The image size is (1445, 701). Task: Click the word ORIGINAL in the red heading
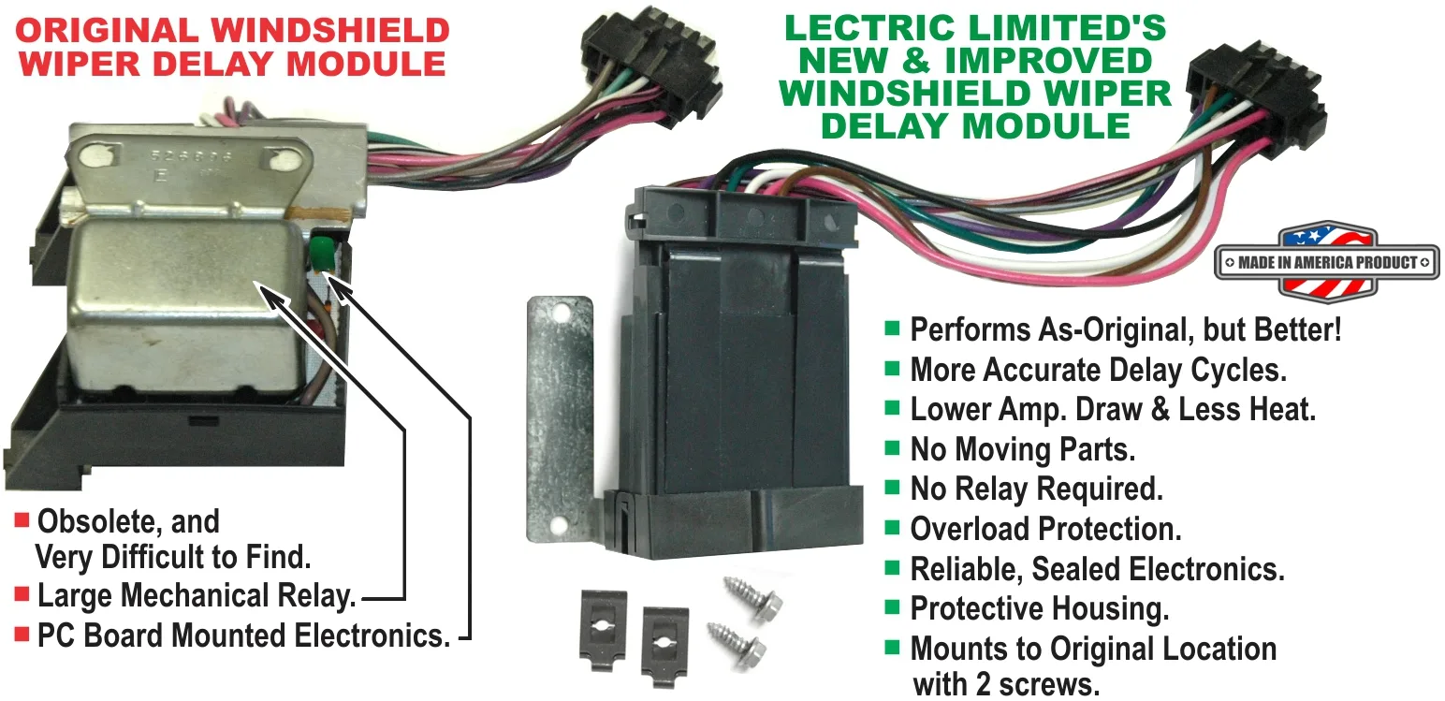click(107, 30)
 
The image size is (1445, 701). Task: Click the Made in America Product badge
click(1327, 262)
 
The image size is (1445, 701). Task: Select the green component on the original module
click(321, 252)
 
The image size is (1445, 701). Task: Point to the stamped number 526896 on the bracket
click(191, 156)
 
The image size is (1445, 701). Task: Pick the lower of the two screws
click(737, 644)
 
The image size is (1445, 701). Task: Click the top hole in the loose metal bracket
click(560, 314)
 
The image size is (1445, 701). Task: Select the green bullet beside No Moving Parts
click(892, 447)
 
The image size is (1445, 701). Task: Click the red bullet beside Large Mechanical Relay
click(22, 593)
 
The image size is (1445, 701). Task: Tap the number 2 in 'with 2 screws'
click(983, 684)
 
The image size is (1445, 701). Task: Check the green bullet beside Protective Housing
click(892, 606)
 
